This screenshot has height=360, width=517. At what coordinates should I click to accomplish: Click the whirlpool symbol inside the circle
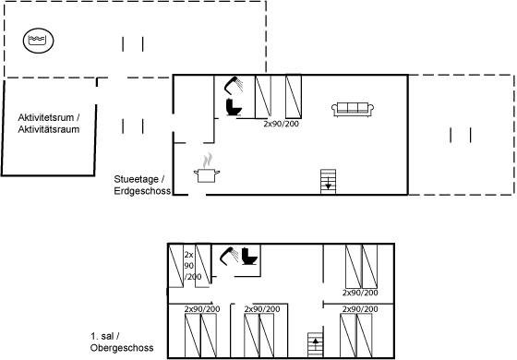[38, 41]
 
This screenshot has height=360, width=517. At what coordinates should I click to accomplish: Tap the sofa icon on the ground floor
[353, 109]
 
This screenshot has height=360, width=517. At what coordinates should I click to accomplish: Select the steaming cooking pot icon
[207, 168]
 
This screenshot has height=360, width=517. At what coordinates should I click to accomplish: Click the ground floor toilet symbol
[234, 107]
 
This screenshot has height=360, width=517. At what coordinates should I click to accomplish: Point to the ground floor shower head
[234, 85]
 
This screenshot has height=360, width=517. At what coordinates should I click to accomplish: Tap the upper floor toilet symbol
[249, 256]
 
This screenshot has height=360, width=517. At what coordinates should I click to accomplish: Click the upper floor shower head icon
[229, 256]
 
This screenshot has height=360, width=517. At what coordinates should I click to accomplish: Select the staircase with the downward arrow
[328, 182]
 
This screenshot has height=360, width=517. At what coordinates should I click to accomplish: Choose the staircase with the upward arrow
[316, 344]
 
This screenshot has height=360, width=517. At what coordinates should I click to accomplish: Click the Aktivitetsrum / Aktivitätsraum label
[49, 124]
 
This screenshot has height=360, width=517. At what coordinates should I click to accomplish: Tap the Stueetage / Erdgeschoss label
[142, 185]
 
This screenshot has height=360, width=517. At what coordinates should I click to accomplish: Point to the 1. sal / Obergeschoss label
[122, 342]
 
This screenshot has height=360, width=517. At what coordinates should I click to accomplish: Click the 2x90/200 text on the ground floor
[281, 124]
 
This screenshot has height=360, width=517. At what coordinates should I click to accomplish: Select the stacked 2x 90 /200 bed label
[193, 266]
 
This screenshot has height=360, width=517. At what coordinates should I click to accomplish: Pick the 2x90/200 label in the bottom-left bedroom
[202, 309]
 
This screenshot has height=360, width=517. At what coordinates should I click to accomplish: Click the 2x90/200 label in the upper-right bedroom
[360, 293]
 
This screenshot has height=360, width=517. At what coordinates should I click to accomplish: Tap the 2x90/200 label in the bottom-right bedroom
[360, 309]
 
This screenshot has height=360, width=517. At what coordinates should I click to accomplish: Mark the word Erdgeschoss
[142, 191]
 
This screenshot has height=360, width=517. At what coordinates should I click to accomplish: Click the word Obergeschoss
[122, 348]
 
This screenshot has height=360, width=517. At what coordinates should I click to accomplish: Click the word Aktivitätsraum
[49, 129]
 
